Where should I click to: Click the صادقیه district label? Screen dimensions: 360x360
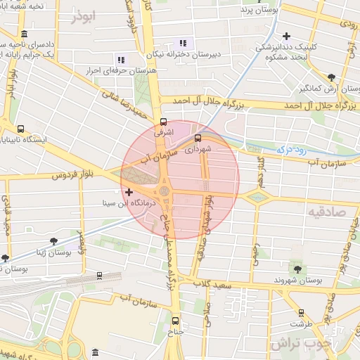pyautogui.click(x=328, y=211)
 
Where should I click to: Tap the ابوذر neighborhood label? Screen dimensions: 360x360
pyautogui.click(x=82, y=17)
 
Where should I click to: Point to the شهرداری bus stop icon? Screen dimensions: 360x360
pyautogui.click(x=198, y=138)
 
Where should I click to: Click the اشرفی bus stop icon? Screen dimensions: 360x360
pyautogui.click(x=164, y=121)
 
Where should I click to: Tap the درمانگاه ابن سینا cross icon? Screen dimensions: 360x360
pyautogui.click(x=128, y=192)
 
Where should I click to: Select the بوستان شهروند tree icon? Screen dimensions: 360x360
pyautogui.click(x=297, y=268)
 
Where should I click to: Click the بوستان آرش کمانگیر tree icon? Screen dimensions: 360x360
pyautogui.click(x=330, y=77)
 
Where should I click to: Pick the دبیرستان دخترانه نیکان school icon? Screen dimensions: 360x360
pyautogui.click(x=184, y=43)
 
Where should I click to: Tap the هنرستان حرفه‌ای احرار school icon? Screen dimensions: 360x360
pyautogui.click(x=121, y=60)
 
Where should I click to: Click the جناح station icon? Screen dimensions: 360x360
pyautogui.click(x=176, y=321)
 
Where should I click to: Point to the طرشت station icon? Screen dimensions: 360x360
pyautogui.click(x=301, y=312)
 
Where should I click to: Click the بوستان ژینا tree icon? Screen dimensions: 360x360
pyautogui.click(x=54, y=241)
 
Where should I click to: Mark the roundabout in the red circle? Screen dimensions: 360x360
pyautogui.click(x=165, y=191)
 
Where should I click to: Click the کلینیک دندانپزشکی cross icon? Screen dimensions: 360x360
pyautogui.click(x=285, y=36)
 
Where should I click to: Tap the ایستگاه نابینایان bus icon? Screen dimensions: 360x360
pyautogui.click(x=20, y=129)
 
